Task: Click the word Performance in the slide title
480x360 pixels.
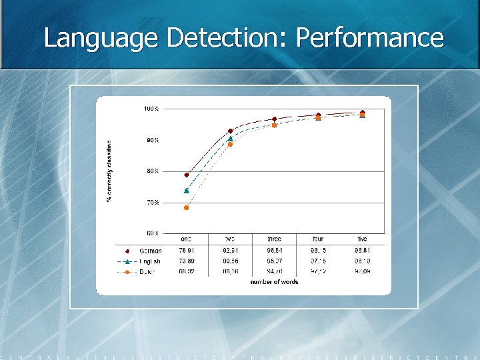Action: tap(370, 37)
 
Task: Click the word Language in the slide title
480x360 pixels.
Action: tap(101, 37)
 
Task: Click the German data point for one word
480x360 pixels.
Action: tap(187, 175)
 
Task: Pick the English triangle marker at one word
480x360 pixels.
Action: tap(187, 191)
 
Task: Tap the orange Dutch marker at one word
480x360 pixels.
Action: tap(187, 208)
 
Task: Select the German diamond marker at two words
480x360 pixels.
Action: tap(231, 131)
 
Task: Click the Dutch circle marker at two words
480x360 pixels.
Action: tap(231, 144)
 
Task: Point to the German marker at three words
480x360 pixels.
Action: tap(275, 119)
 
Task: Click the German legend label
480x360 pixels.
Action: tap(151, 251)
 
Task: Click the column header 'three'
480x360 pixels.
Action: tap(274, 239)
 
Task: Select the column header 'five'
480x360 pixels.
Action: tap(362, 239)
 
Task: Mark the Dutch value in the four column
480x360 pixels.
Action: tap(318, 272)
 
